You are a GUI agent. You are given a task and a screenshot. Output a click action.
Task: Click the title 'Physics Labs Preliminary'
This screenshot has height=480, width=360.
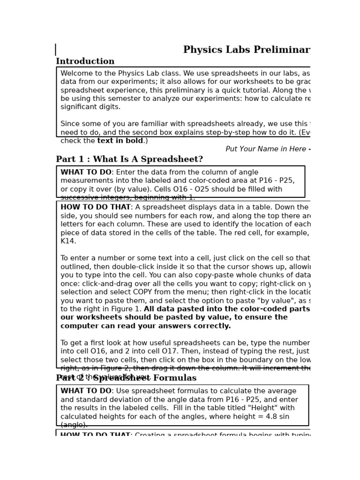pyautogui.click(x=247, y=50)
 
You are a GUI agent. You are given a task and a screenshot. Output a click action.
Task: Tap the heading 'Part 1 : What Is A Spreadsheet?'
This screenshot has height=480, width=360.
pyautogui.click(x=129, y=159)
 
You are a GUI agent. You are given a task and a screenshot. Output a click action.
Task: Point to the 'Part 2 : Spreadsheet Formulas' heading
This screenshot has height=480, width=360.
pyautogui.click(x=126, y=378)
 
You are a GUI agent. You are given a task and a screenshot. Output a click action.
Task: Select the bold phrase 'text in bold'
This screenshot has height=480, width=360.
pyautogui.click(x=120, y=141)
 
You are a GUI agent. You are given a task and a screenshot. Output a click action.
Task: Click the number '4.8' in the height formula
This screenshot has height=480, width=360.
pyautogui.click(x=265, y=417)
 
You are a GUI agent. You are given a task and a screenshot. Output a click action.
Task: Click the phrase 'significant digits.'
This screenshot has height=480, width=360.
pyautogui.click(x=84, y=107)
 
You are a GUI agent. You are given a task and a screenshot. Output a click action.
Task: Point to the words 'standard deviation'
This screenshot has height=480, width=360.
pyautogui.click(x=108, y=400)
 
